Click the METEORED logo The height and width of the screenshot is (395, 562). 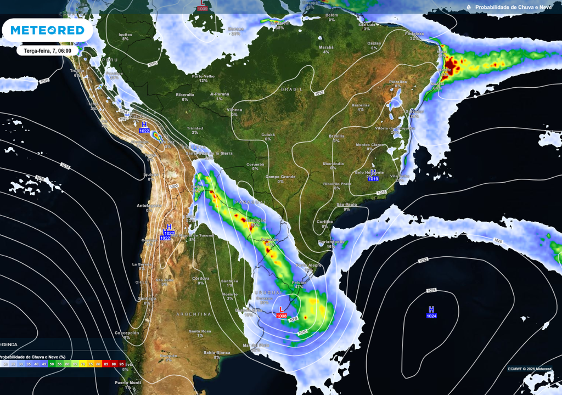tap(47, 30)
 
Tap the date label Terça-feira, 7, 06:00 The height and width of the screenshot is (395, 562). tap(47, 50)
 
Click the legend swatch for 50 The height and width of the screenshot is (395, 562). tap(52, 364)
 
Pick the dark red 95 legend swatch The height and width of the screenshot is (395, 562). tap(121, 364)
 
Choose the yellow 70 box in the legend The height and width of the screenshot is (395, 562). tap(83, 364)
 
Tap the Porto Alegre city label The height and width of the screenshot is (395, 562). tap(308, 266)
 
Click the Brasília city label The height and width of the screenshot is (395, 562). tap(336, 136)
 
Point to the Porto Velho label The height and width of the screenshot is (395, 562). tap(203, 76)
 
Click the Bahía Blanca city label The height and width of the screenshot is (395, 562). tap(217, 352)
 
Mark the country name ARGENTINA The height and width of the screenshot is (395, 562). tap(193, 314)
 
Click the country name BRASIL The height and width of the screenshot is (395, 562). tap(291, 89)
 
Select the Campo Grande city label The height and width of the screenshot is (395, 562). tap(280, 177)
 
